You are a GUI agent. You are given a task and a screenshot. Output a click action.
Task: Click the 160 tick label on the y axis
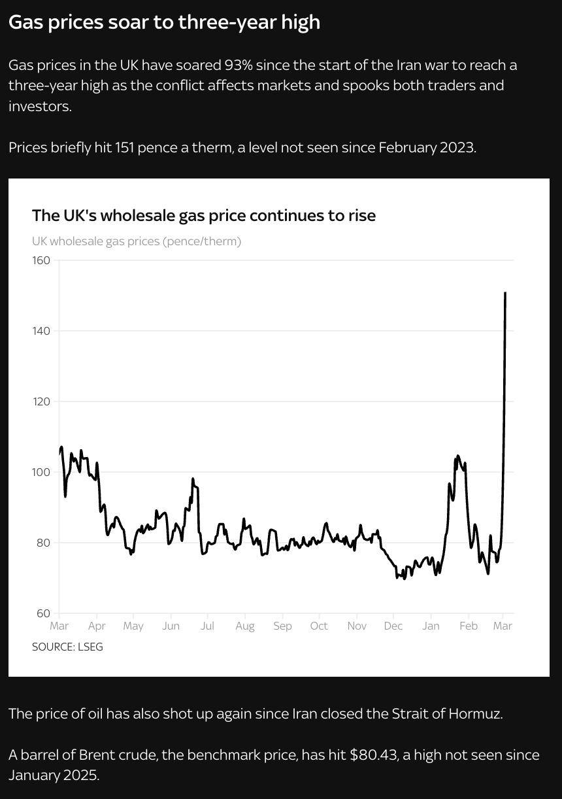point(41,260)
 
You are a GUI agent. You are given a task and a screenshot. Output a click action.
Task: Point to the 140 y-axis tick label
point(41,331)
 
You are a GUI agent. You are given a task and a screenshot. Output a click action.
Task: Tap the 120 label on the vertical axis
point(41,401)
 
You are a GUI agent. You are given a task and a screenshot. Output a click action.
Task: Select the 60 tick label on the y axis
point(42,613)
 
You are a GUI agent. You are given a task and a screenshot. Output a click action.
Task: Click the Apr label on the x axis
point(96,626)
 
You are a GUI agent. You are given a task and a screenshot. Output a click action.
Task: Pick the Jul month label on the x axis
point(207,626)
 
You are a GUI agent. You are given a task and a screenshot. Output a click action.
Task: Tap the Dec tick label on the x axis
point(393,626)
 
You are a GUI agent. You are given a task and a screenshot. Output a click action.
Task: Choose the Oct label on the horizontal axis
point(319,626)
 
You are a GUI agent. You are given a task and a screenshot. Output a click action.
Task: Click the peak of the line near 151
point(505,294)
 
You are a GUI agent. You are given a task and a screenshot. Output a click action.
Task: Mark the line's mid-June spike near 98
point(193,479)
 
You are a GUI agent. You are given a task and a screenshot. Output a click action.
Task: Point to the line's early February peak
point(457,456)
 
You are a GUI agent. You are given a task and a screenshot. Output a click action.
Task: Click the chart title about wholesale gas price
point(204,216)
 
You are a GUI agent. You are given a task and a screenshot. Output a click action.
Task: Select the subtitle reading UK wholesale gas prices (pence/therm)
point(137,241)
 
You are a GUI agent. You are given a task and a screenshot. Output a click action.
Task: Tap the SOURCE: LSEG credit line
point(67,647)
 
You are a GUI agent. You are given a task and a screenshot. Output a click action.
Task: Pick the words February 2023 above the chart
point(426,147)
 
